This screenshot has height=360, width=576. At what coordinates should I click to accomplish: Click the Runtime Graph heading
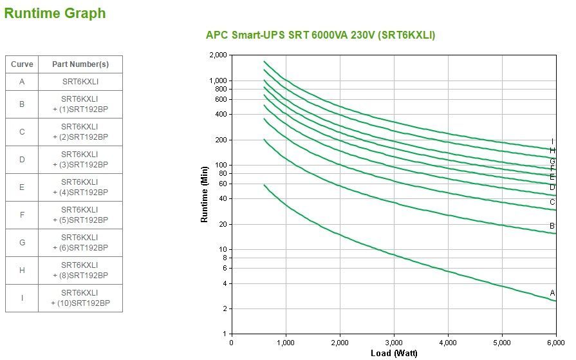point(55,13)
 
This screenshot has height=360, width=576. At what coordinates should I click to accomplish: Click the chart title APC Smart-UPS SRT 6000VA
point(320,35)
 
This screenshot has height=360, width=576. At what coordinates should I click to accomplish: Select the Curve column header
point(22,64)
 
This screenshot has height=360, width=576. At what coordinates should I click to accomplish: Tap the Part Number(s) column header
point(80,64)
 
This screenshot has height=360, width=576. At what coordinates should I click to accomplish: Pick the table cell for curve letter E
point(22,187)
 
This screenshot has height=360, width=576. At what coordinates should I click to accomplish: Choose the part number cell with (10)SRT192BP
point(80,298)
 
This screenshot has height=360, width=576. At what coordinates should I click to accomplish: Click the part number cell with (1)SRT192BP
point(80,104)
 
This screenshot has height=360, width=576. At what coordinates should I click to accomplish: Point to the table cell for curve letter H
point(22,270)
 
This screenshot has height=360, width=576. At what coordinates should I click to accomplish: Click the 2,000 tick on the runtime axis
point(218,55)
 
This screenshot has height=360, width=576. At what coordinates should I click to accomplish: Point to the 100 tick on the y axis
point(221,166)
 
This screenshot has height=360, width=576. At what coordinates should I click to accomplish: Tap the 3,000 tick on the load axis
point(394,343)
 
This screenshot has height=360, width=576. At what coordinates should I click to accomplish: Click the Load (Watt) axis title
point(394,353)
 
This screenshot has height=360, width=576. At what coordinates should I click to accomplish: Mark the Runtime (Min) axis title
point(205,194)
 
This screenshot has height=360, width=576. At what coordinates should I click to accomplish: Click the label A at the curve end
point(552,292)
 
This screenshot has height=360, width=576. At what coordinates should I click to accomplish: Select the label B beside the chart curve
point(552,226)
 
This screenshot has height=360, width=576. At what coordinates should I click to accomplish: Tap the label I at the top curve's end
point(552,142)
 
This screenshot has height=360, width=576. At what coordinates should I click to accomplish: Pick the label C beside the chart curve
point(552,202)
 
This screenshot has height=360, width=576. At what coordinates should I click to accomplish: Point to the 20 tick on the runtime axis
point(223,224)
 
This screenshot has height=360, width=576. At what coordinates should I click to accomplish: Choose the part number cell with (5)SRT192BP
point(80,215)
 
